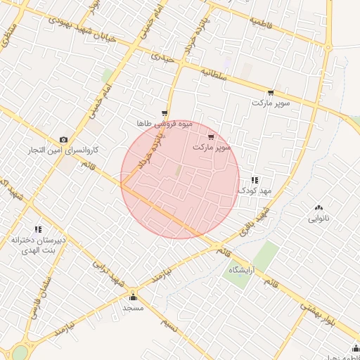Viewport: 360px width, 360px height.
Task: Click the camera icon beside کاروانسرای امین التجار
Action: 63,139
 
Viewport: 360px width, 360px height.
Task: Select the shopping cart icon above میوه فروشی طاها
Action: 165,113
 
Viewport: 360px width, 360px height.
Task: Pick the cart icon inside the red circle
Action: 211,137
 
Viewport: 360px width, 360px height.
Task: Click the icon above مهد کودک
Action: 254,180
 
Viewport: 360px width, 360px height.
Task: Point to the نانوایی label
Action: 319,218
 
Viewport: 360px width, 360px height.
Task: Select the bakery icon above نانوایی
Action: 319,207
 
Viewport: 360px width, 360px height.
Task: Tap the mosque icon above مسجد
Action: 134,297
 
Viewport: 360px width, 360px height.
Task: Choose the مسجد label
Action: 134,308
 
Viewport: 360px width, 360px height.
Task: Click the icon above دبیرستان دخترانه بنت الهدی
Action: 38,229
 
